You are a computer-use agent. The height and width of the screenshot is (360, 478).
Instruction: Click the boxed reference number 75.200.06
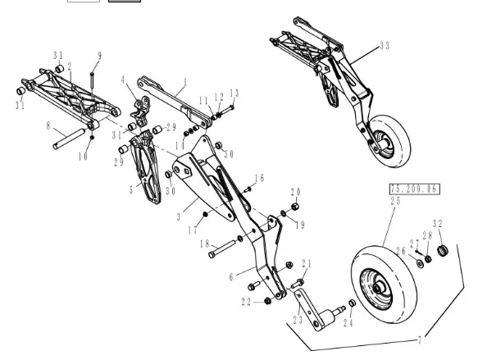[x=415, y=189]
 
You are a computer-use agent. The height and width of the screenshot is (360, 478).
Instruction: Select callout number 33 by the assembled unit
[x=385, y=46]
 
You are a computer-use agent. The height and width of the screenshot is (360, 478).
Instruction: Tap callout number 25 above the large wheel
[x=395, y=201]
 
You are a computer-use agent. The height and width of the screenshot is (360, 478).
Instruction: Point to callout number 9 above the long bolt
[x=100, y=56]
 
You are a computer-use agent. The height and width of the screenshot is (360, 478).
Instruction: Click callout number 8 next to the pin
[x=48, y=125]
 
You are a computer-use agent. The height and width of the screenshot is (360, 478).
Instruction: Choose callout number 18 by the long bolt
[x=204, y=244]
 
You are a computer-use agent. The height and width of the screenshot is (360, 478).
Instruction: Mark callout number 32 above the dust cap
[x=438, y=224]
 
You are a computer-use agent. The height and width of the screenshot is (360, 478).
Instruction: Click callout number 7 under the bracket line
[x=420, y=340]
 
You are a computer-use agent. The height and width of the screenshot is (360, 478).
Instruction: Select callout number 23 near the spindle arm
[x=298, y=320]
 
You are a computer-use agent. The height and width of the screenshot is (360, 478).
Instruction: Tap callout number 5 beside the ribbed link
[x=131, y=190]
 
